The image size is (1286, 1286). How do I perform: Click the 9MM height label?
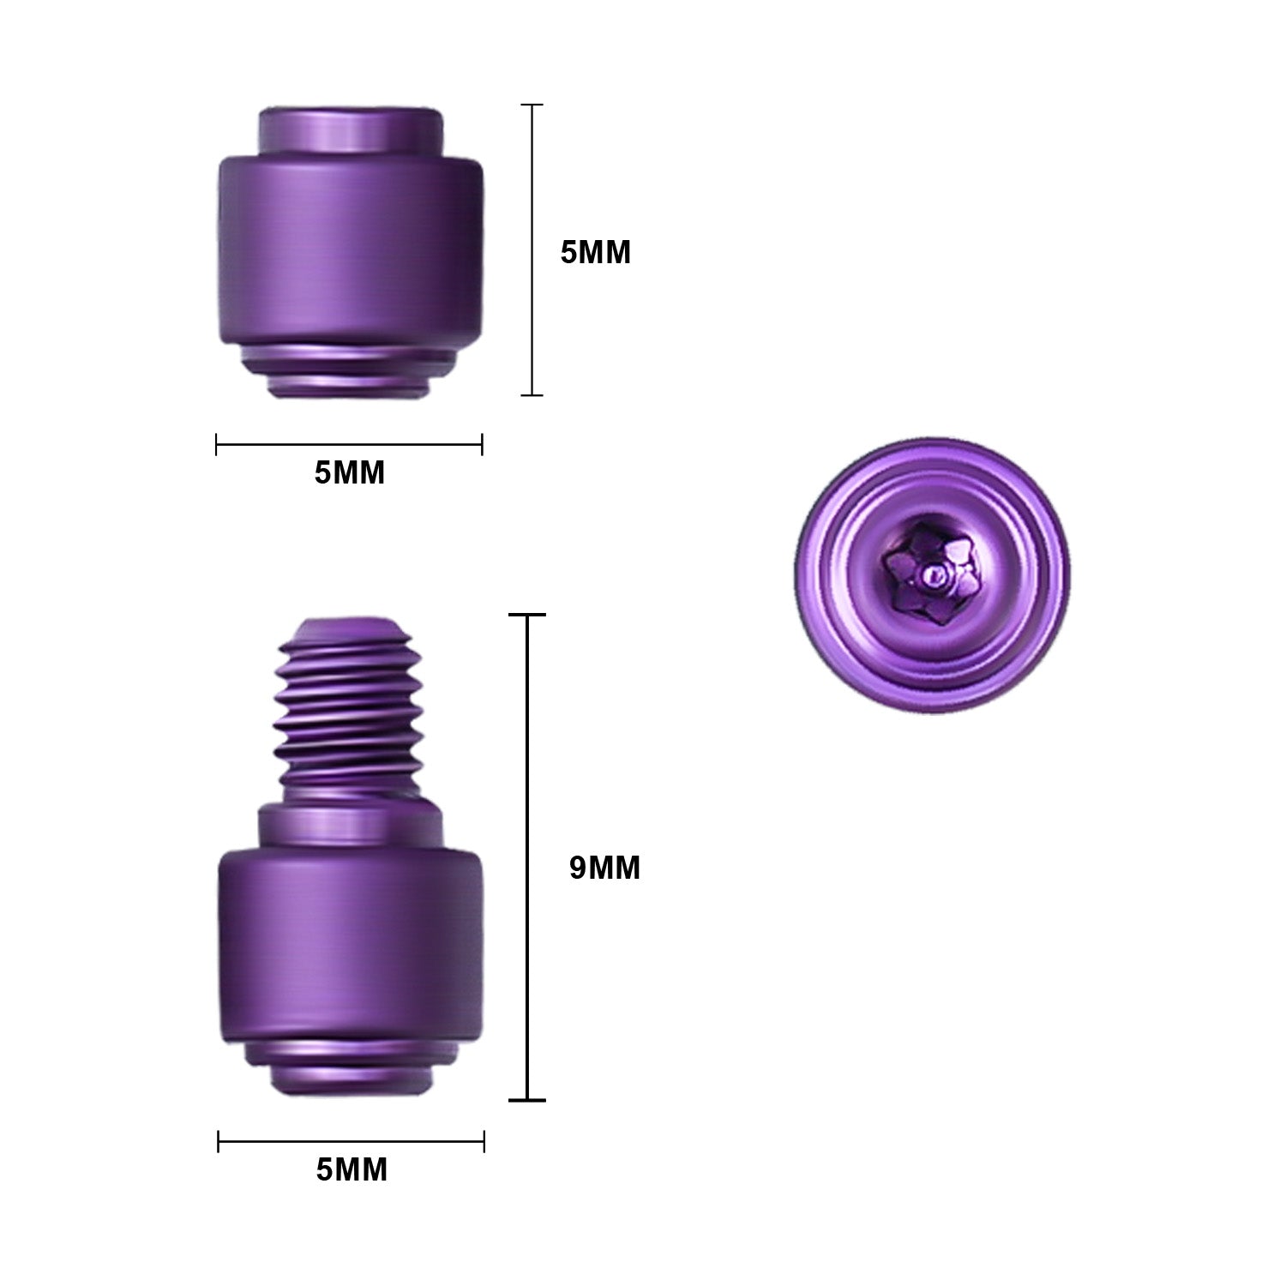[604, 868]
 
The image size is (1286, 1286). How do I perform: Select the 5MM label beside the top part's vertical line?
[595, 253]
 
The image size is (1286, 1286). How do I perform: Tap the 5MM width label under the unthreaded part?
[349, 472]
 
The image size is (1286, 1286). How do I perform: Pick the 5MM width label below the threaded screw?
[352, 1169]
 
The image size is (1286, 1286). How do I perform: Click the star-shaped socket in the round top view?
[931, 574]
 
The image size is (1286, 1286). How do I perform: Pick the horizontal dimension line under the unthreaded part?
[349, 444]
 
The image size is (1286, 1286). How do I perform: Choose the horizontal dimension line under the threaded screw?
[352, 1141]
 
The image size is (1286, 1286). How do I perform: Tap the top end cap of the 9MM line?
[526, 616]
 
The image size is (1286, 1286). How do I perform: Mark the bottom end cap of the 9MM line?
[526, 1099]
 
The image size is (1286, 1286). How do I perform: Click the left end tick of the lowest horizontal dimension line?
[219, 1141]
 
